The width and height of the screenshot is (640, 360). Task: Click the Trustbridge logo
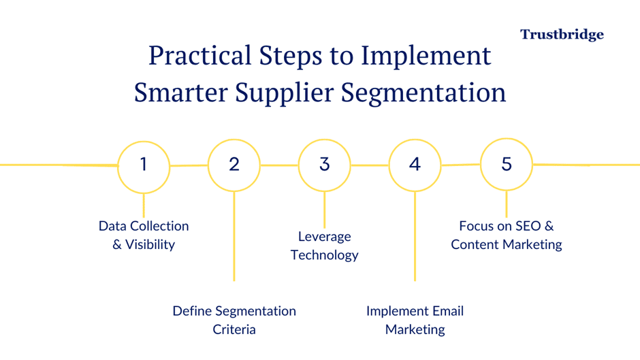pos(562,35)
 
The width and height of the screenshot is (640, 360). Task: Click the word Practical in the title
pos(199,55)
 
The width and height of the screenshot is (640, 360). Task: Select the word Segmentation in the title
pos(423,93)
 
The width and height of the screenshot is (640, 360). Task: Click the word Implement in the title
pos(426,56)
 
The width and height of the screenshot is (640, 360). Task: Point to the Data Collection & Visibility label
pos(144,235)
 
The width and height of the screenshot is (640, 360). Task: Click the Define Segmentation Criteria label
pos(234,320)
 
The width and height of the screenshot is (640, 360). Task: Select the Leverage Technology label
pos(325,246)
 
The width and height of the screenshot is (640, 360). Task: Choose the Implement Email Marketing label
pos(415,320)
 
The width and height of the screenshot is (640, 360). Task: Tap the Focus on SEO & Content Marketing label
pos(507,235)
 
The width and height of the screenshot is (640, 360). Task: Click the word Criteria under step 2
pos(234,329)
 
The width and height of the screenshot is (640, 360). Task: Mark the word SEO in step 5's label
pos(528,226)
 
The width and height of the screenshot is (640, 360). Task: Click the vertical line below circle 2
pos(234,236)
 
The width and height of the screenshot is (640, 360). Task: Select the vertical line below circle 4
pos(415,236)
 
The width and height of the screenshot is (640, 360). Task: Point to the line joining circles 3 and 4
pos(370,165)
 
